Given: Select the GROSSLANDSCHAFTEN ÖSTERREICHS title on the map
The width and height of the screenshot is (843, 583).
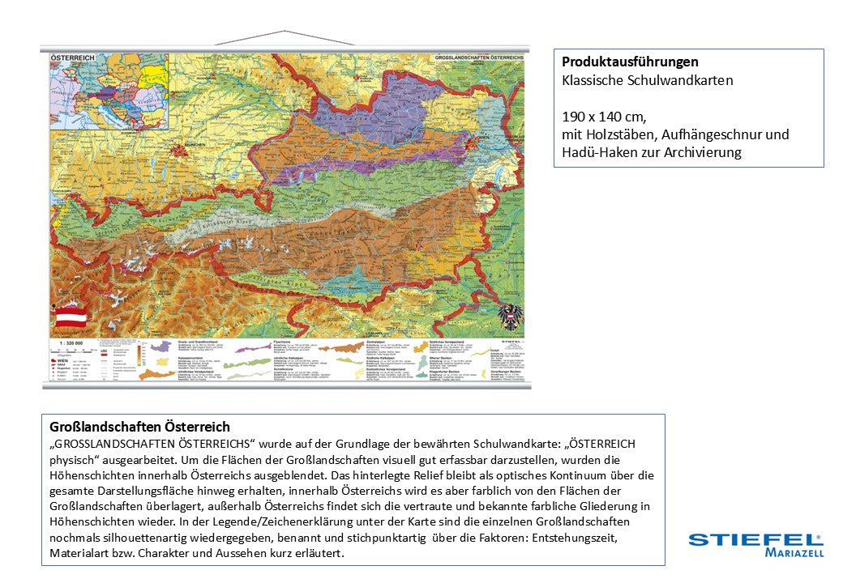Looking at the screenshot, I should point(479,59).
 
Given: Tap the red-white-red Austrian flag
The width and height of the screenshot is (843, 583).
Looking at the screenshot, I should point(71,316).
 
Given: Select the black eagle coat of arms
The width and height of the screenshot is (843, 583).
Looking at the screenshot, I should point(509,315).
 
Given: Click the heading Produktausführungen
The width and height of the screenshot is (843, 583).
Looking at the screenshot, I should point(630,62).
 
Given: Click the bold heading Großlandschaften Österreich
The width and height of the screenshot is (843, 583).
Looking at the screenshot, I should point(139,427).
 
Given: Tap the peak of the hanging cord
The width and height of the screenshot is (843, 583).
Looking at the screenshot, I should point(285,32).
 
